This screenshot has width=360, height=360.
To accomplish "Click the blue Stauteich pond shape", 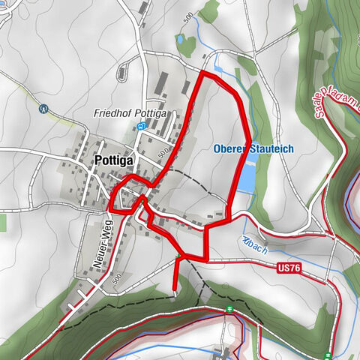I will [x=246, y=177].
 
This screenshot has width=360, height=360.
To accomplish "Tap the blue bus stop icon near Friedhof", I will [x=142, y=127].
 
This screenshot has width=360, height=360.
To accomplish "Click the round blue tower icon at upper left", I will [x=43, y=108].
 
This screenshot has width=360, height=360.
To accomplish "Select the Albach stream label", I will [x=254, y=246].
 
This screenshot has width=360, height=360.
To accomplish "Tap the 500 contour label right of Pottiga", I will [x=162, y=152].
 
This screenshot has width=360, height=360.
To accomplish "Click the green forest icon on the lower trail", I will [x=228, y=309].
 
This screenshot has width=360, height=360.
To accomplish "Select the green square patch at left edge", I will [x=2, y=222].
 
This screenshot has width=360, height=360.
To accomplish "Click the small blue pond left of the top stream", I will [x=181, y=39].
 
